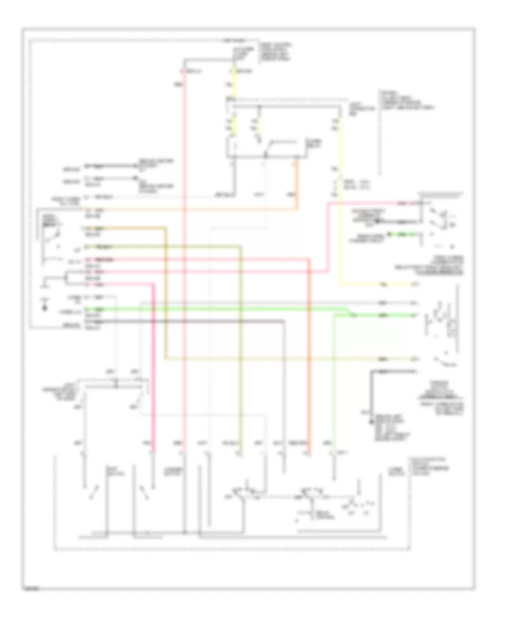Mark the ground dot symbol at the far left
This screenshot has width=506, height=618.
[44, 307]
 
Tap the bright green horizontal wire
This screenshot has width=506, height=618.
[225, 308]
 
